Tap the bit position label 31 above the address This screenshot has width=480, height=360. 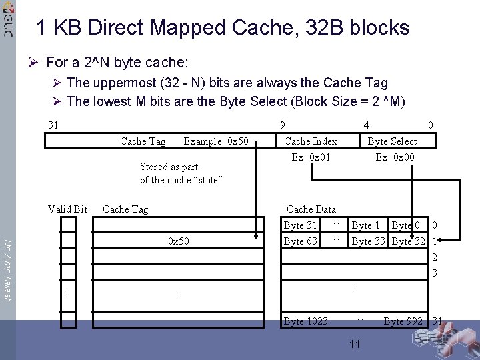(53, 125)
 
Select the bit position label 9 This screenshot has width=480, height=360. (283, 125)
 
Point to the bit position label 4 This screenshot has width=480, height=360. (366, 125)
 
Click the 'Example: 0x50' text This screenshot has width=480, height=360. (216, 141)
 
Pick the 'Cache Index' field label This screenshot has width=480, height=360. (310, 141)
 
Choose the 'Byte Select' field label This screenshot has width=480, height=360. (392, 141)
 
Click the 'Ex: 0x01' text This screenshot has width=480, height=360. (311, 157)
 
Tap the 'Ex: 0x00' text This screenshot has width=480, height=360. (395, 157)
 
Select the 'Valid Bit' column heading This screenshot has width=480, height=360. (67, 209)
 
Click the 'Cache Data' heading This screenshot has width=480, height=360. (311, 209)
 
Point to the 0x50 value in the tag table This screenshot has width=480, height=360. (179, 241)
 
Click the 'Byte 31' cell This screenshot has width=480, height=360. (300, 225)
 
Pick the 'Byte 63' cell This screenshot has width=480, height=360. (300, 241)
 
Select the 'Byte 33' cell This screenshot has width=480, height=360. (369, 241)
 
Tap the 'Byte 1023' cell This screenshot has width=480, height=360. (305, 321)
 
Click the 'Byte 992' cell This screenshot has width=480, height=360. (403, 321)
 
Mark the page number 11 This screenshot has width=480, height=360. (355, 344)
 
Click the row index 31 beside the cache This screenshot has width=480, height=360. (437, 321)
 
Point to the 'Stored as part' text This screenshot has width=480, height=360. (169, 167)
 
